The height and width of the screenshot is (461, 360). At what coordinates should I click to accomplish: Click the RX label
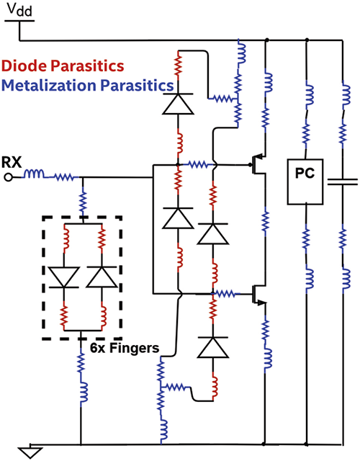pos(12,161)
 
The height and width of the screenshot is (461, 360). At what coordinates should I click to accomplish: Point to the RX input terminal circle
pos(8,176)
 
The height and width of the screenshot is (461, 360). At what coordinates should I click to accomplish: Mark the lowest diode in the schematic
pos(214,348)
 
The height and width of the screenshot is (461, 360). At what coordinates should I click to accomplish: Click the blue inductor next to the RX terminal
pos(35,176)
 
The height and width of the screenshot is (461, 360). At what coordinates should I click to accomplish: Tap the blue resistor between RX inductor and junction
pos(63,176)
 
